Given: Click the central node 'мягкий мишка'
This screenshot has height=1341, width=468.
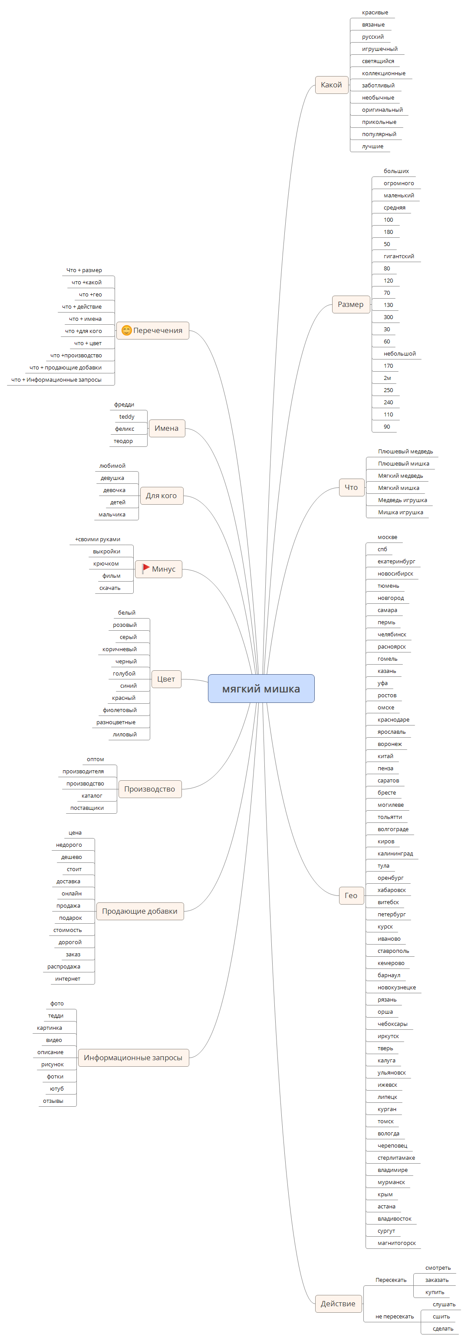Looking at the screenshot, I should [x=261, y=688].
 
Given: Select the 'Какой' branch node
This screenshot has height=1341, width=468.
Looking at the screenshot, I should [x=331, y=85].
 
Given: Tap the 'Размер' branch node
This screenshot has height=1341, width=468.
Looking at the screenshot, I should [x=350, y=305].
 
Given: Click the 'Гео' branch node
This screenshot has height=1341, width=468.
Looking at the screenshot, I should [x=351, y=895].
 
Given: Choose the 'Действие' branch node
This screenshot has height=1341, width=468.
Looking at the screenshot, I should [x=338, y=1304].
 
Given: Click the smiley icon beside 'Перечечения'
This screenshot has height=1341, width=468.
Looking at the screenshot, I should [x=126, y=330].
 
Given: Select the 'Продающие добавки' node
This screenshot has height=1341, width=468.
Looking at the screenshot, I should [x=140, y=911].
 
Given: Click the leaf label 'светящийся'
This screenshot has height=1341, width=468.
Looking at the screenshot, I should [x=378, y=61].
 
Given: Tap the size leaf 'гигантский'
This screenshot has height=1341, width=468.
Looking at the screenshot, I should [x=399, y=256].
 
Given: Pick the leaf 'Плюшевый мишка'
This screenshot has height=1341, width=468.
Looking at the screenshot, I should [x=403, y=463].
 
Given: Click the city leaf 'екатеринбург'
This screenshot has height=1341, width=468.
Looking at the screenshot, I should [x=396, y=561].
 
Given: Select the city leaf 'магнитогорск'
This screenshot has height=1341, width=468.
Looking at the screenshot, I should [x=396, y=1243].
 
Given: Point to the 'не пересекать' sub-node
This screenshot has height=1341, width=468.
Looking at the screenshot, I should [x=395, y=1317].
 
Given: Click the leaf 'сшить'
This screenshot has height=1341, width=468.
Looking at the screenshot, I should [x=441, y=1317].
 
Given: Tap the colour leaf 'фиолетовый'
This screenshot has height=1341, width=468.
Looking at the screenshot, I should [x=119, y=710].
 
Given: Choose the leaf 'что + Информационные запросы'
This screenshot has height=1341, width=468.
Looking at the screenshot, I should [x=56, y=379].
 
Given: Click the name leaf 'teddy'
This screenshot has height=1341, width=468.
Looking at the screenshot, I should [x=126, y=416].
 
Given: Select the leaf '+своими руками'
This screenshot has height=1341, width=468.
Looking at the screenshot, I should [x=97, y=539].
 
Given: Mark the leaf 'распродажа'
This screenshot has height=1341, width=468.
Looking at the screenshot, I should [x=63, y=967].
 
